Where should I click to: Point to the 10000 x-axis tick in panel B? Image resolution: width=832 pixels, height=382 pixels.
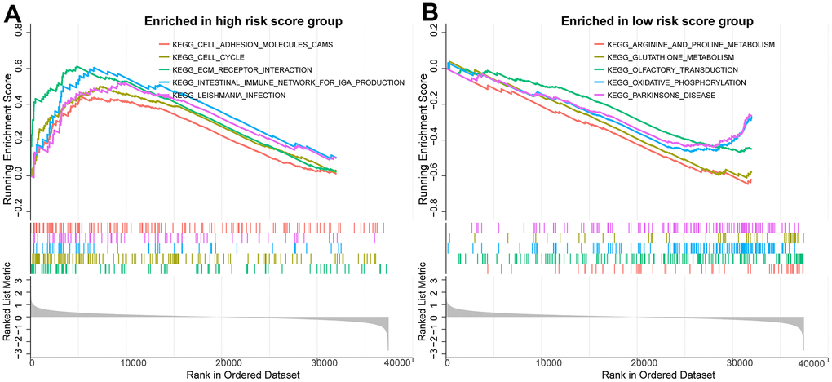(x=547, y=361)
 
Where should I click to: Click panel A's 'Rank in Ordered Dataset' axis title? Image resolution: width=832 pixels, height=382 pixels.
(x=210, y=374)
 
